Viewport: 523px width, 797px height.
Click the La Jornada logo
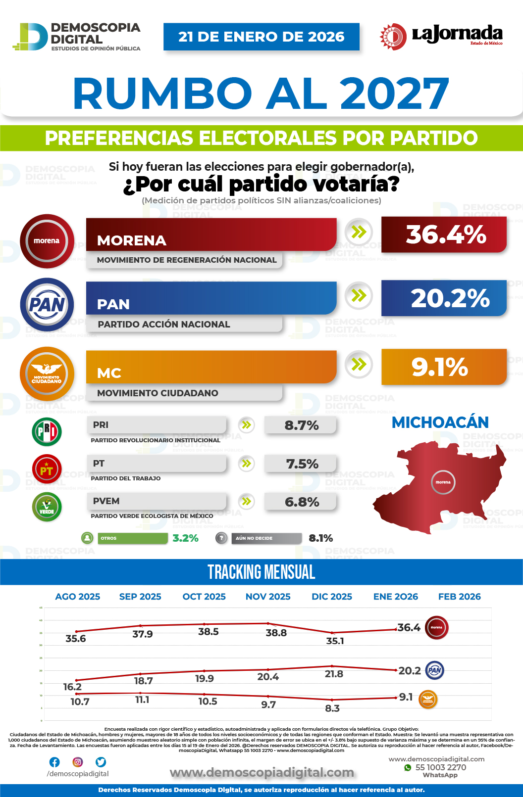click(x=441, y=36)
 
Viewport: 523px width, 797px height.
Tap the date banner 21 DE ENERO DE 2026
click(x=261, y=37)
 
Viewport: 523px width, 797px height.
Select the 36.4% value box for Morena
click(x=444, y=234)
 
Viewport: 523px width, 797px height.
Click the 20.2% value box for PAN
click(x=444, y=298)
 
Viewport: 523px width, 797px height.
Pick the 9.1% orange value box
click(x=444, y=367)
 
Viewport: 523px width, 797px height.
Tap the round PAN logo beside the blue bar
click(x=47, y=305)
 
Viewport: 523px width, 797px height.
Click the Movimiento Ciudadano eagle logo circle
click(x=47, y=374)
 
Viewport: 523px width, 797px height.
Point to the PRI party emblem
click(x=47, y=432)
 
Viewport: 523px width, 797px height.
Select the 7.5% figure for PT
click(x=302, y=464)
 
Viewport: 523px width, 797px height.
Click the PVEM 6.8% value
click(x=302, y=502)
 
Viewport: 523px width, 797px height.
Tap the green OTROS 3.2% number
click(x=185, y=538)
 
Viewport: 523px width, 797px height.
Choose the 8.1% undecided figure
click(x=320, y=538)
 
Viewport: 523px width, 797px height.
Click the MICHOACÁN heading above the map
click(x=440, y=422)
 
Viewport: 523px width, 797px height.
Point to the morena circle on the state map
click(x=443, y=482)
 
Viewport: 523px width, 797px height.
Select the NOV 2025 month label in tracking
click(x=268, y=597)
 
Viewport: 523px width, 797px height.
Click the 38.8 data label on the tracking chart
click(x=276, y=633)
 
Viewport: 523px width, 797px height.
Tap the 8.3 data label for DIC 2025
click(x=332, y=708)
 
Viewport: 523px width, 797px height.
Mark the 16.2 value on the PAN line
click(x=72, y=687)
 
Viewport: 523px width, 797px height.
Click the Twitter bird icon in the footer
click(x=101, y=762)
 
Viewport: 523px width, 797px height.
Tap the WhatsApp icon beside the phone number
click(x=408, y=768)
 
